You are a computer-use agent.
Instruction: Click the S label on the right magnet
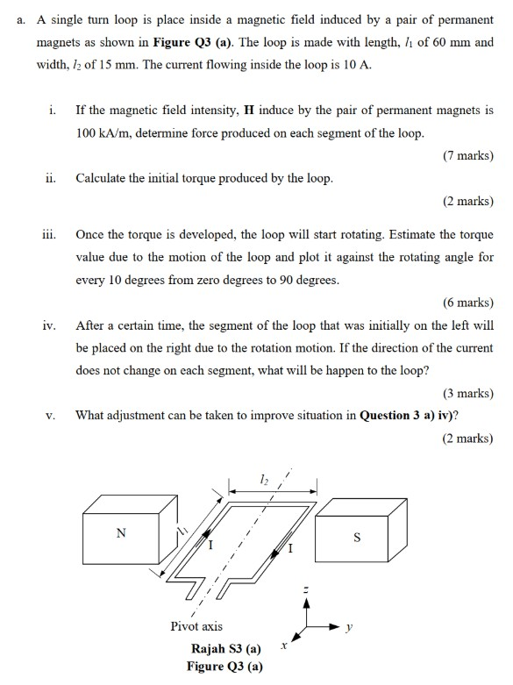point(357,539)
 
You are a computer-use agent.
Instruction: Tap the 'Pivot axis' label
point(196,626)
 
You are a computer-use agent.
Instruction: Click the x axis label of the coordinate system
point(283,646)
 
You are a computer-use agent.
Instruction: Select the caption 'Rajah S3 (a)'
point(225,650)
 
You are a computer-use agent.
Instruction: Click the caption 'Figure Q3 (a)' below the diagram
point(224,667)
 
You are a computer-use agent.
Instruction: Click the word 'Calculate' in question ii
point(104,178)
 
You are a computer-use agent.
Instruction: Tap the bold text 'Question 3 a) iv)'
point(412,415)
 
